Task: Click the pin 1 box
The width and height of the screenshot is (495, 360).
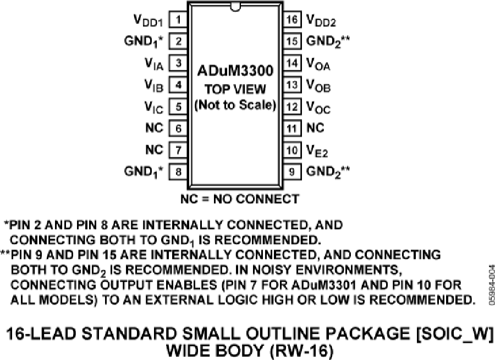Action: pos(178,20)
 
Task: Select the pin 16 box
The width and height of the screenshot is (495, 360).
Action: pos(292,20)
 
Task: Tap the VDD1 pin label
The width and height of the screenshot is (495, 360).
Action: pos(148,21)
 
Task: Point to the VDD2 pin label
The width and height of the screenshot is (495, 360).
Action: pos(321,21)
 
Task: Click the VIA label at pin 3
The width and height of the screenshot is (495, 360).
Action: pos(154,64)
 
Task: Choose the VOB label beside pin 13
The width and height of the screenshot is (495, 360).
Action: pos(318,86)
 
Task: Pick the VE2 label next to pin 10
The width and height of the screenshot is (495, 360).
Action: pos(317,151)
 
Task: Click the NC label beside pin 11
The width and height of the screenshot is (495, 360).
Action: pos(315,128)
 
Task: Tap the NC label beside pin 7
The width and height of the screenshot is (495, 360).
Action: pos(155,149)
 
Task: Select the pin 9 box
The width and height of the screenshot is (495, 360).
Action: pos(292,172)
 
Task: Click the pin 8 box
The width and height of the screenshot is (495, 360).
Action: pos(178,172)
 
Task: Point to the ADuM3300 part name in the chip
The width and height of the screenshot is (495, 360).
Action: pos(235,70)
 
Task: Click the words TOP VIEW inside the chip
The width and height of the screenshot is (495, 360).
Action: pos(235,89)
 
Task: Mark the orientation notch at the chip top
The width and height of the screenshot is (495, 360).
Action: pos(235,8)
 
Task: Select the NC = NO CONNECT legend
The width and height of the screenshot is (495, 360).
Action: pos(240,199)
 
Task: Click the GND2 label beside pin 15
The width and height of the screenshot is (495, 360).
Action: pos(328,42)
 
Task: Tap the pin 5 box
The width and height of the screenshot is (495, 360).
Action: pos(178,107)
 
